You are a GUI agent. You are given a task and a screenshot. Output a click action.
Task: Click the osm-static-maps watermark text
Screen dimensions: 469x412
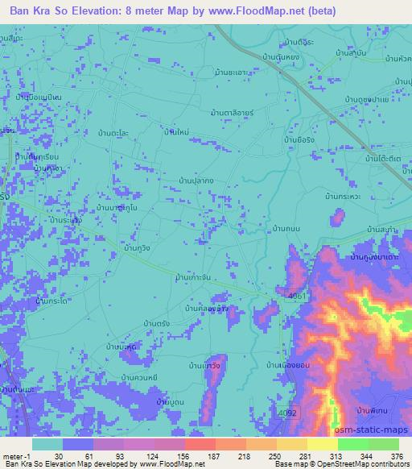coord(371,431)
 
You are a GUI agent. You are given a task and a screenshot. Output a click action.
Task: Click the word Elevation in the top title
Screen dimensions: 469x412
coord(96,11)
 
